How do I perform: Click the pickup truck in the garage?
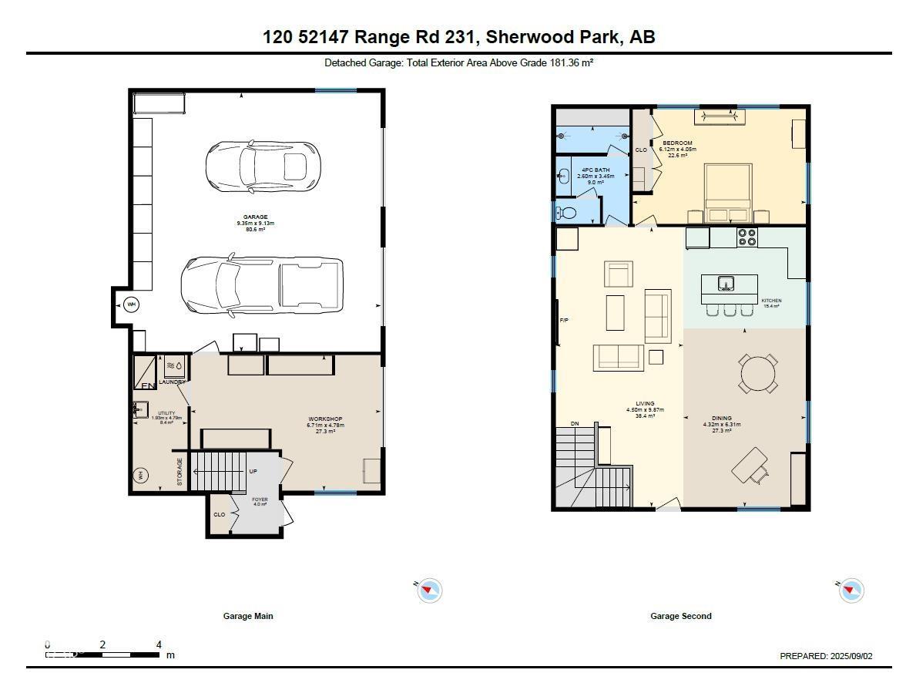pos(262,285)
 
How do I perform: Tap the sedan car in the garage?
pos(262,166)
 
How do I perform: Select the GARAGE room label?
pos(255,217)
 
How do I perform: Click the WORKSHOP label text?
pos(324,419)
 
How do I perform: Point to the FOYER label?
pos(260,500)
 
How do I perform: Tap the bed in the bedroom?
pos(728,193)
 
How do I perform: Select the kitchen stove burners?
pos(747,237)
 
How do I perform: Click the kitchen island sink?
pos(726,284)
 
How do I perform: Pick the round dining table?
pos(759,374)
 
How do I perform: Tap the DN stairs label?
pos(575,424)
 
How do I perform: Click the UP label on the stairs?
pos(253,471)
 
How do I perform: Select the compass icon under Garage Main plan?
pos(429,591)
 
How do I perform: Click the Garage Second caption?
pos(680,616)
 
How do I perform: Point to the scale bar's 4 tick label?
pos(159,644)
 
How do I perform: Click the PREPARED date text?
pos(826,656)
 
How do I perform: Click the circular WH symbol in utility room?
pos(141,475)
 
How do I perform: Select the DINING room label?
pos(721,419)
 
